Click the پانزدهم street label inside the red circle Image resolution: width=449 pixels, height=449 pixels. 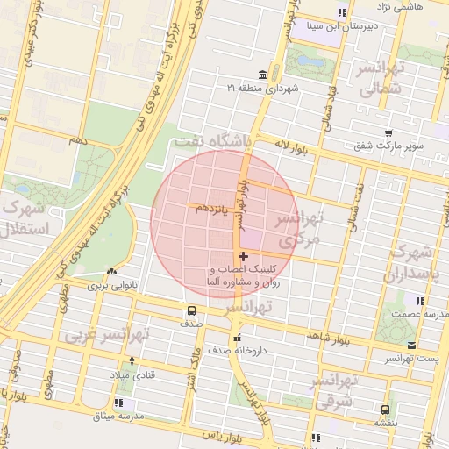pyautogui.click(x=213, y=209)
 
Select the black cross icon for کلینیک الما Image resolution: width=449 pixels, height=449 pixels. pyautogui.click(x=243, y=256)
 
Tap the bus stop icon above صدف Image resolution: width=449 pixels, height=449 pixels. pyautogui.click(x=190, y=310)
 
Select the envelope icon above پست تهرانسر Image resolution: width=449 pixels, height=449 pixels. pyautogui.click(x=412, y=346)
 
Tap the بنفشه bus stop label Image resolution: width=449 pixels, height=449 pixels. pyautogui.click(x=386, y=423)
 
